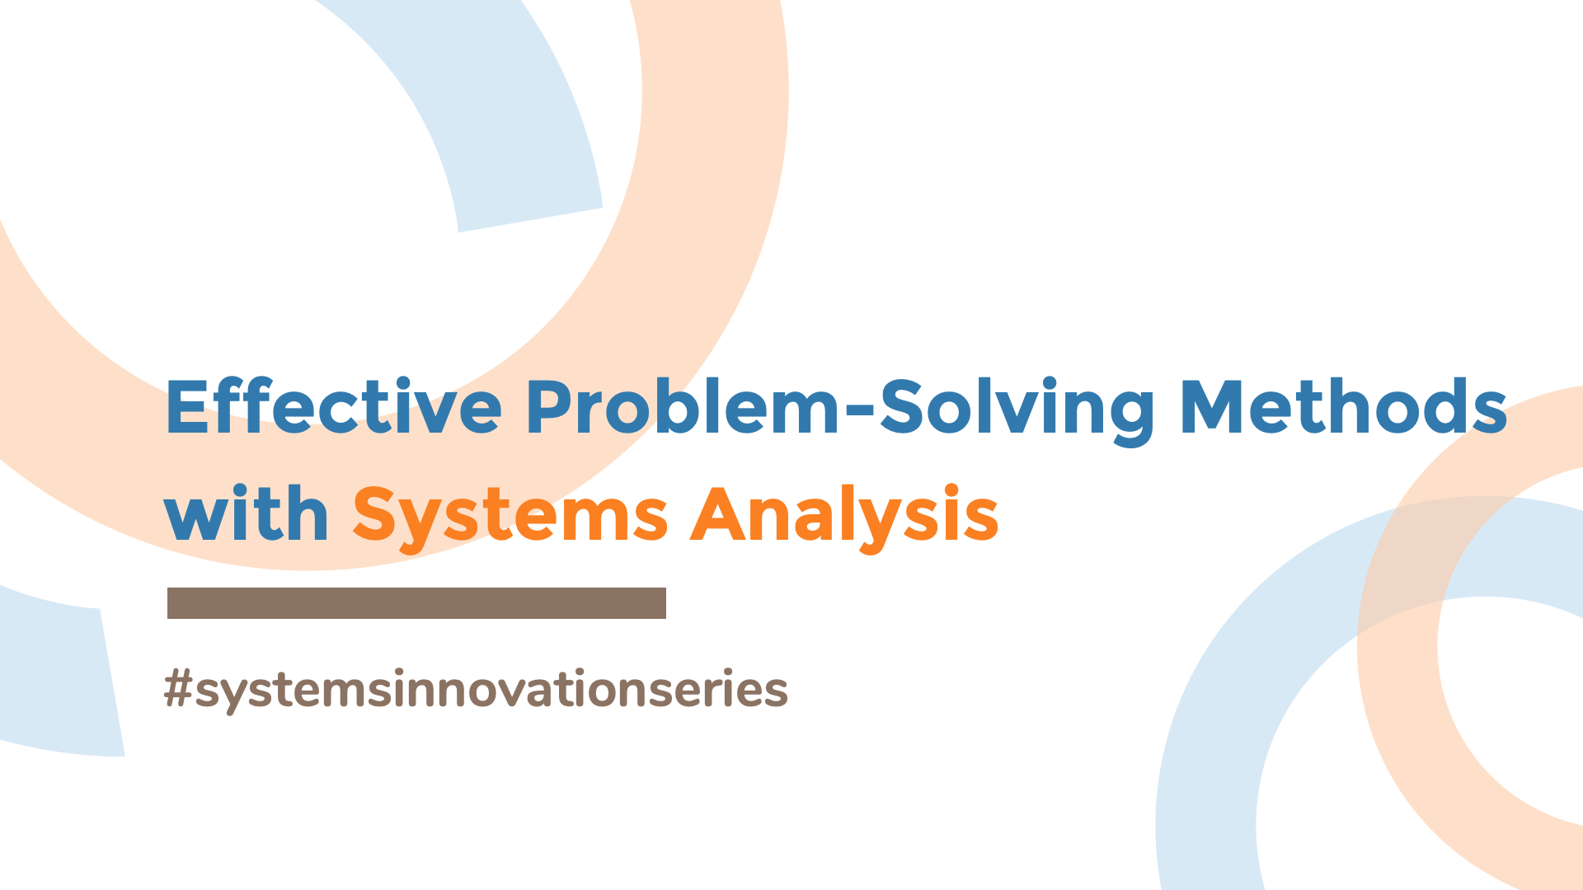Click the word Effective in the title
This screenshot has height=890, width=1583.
pos(333,407)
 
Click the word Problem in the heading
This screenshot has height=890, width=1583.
pos(683,407)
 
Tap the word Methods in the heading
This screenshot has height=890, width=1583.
pos(1343,407)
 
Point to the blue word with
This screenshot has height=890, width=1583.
pos(247,514)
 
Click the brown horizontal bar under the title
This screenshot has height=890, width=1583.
pos(416,603)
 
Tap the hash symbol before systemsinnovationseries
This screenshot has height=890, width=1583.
pos(178,689)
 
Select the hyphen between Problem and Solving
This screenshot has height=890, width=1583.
pos(859,406)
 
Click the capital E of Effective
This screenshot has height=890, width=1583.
pos(186,407)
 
